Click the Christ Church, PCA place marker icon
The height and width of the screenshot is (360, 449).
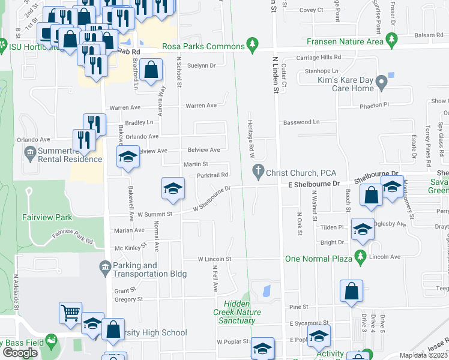[259, 170]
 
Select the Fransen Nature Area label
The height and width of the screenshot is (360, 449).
[345, 41]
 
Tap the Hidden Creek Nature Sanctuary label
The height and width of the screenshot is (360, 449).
[238, 312]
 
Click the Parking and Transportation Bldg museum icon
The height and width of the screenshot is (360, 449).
[104, 266]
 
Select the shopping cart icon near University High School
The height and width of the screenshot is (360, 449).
[70, 312]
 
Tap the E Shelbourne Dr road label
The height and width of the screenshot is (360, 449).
[314, 185]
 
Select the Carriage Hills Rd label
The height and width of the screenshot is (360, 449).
[319, 58]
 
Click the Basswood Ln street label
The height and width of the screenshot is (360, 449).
[301, 122]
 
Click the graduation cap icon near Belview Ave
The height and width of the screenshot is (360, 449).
[128, 157]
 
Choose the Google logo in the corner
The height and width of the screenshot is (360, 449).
[20, 353]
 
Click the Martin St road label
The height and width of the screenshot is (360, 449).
[196, 163]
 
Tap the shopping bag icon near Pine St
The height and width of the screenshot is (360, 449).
[352, 292]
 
